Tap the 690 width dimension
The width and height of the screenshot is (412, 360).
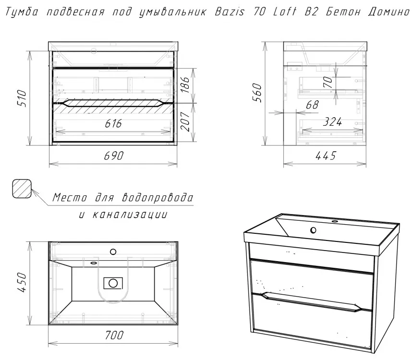pos(113,156)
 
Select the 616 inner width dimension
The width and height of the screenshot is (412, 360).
pos(113,123)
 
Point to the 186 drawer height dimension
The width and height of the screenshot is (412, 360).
pos(185,84)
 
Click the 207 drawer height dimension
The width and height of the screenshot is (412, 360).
pos(185,121)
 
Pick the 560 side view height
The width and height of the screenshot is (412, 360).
pos(257,93)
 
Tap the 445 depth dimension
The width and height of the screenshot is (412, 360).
pos(326,156)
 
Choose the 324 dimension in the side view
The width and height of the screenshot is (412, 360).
pos(332,122)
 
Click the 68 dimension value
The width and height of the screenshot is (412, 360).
pos(312,105)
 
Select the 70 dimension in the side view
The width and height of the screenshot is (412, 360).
pos(327,82)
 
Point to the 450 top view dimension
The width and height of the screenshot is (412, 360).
pos(22,282)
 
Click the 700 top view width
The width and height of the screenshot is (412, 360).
pos(114,335)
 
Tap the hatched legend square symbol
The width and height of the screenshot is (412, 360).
pos(22,189)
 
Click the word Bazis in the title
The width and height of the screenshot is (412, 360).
pos(230,12)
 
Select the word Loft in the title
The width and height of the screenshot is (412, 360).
pos(285,12)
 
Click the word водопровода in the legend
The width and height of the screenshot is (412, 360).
pos(158,198)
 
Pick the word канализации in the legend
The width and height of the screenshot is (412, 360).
pos(130,215)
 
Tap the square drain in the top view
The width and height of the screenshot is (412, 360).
pos(113,283)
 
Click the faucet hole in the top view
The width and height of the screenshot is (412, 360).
pos(113,252)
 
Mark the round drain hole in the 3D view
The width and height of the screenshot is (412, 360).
pos(313,230)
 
